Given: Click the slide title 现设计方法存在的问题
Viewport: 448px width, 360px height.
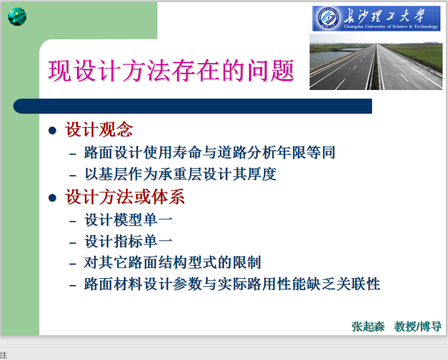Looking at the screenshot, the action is [171, 71].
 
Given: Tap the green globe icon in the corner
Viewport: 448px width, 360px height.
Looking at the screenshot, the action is [17, 17].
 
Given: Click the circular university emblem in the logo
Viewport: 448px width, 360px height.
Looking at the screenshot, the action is [328, 18].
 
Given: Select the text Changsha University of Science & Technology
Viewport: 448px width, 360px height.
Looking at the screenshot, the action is [390, 26].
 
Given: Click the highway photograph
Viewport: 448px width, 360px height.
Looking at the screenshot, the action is [376, 62].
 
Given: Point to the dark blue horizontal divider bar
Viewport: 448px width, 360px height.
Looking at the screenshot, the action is [193, 106].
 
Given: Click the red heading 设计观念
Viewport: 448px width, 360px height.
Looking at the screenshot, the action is [99, 129].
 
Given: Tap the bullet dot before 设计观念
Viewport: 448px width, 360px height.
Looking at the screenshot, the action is [52, 130].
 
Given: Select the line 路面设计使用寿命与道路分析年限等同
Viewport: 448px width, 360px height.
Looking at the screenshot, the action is [209, 152].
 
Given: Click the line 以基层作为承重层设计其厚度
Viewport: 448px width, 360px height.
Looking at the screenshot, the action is [180, 174].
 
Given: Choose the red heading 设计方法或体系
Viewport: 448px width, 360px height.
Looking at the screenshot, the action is [125, 197].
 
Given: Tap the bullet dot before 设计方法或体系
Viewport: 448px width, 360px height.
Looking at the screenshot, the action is [52, 198].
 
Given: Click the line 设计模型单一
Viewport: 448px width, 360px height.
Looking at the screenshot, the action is [128, 220].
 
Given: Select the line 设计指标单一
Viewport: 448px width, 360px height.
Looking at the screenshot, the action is [128, 241].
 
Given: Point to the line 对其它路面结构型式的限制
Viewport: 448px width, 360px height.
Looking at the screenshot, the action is [172, 262].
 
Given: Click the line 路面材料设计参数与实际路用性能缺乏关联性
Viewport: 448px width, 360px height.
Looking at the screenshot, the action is [232, 284].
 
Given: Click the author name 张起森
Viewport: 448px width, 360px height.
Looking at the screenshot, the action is [368, 327].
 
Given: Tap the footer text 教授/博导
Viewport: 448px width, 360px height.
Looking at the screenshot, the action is [418, 327].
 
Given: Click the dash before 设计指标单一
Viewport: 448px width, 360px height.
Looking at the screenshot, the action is [73, 243].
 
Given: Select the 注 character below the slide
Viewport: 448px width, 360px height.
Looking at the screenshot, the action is [3, 355].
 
